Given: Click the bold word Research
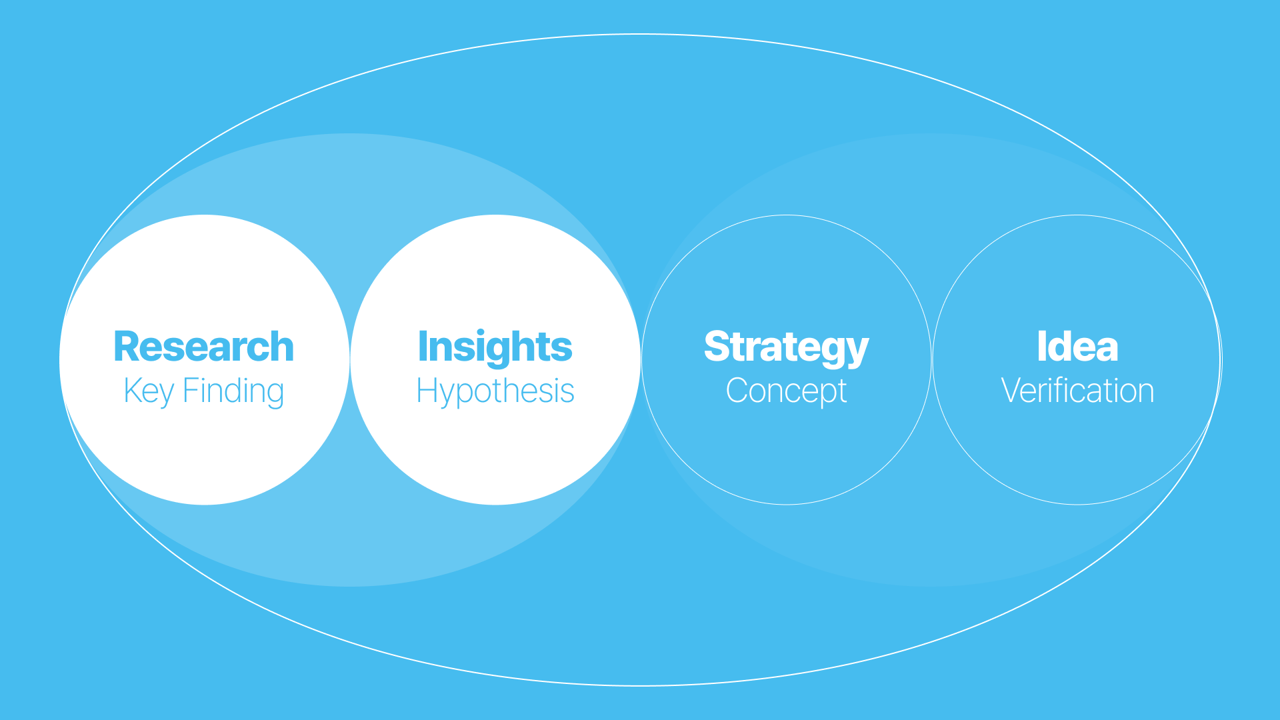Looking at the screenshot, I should point(204,347).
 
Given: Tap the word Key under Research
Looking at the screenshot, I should point(149,391).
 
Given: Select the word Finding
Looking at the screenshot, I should point(233,391).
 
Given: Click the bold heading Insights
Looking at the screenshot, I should point(495,347).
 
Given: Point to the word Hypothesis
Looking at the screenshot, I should point(495,391).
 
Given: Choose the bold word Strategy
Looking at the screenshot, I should point(786,347).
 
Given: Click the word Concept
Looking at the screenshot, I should point(786,391).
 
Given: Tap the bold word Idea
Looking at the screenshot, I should point(1077,347).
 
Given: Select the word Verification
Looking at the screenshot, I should point(1077,391).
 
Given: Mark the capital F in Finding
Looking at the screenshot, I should point(190,391).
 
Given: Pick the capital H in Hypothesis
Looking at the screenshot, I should point(426,391).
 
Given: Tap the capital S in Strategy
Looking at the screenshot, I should point(717,347).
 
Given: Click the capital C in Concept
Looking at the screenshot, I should point(737,391).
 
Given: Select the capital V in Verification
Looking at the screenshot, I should point(1012,391).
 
